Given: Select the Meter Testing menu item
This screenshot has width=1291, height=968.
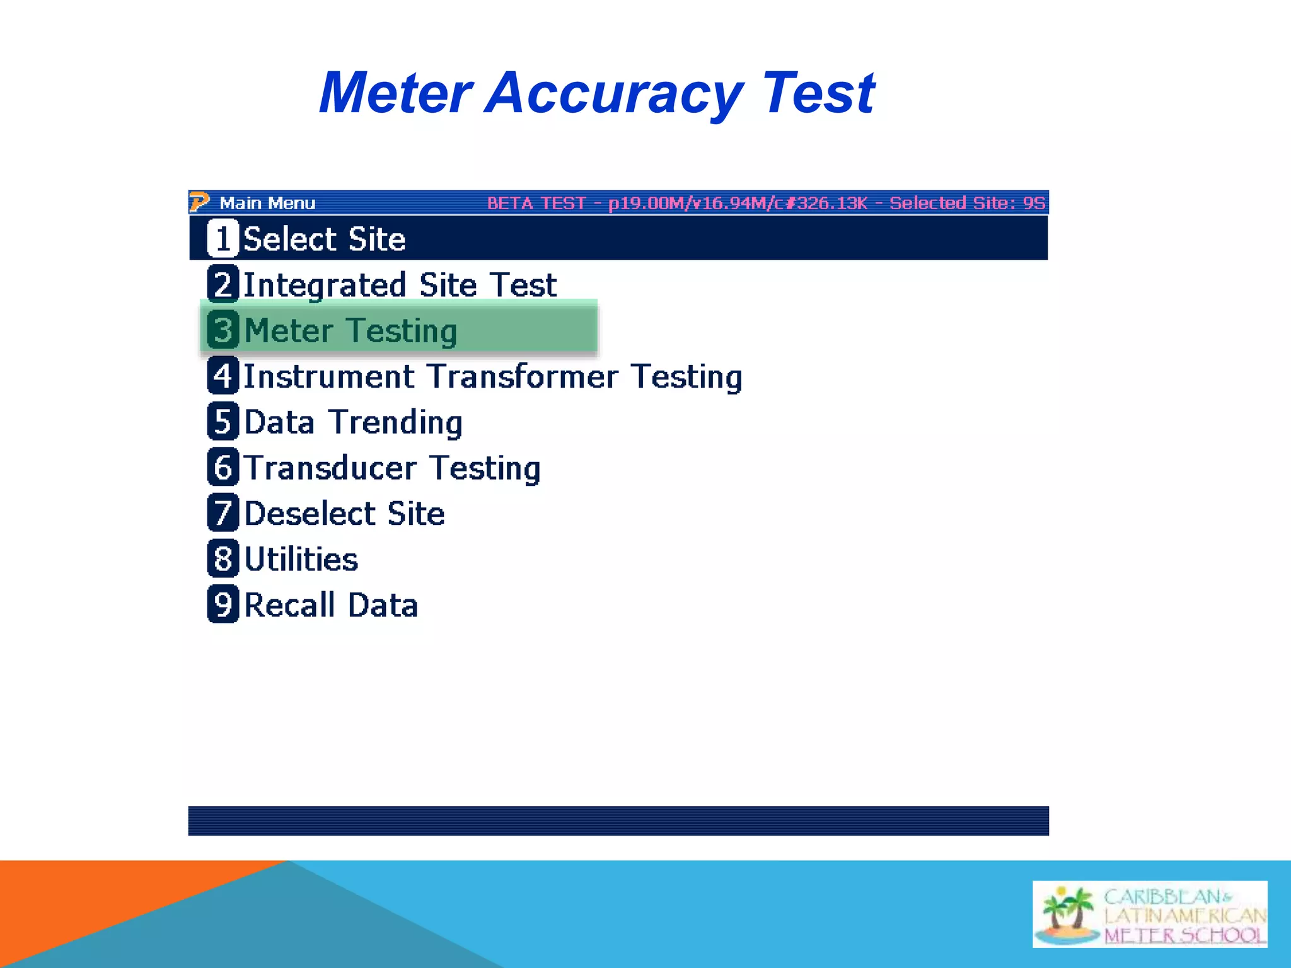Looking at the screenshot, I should pyautogui.click(x=350, y=331).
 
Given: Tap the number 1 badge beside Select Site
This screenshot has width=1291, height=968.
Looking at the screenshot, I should pyautogui.click(x=223, y=238).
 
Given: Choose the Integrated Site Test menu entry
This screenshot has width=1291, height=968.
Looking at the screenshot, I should pyautogui.click(x=400, y=285).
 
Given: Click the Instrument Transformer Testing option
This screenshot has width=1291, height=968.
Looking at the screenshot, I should pyautogui.click(x=492, y=377).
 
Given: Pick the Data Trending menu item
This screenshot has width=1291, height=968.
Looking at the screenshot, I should pyautogui.click(x=353, y=422).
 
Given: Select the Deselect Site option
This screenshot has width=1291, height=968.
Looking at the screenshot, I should pyautogui.click(x=344, y=514).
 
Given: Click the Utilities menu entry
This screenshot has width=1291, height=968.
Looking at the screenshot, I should pyautogui.click(x=301, y=560).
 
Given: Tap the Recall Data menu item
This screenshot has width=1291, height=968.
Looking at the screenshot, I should pyautogui.click(x=330, y=605).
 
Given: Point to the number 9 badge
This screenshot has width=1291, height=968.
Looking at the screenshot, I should pyautogui.click(x=223, y=604).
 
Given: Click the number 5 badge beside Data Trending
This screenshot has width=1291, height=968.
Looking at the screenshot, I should pyautogui.click(x=223, y=421).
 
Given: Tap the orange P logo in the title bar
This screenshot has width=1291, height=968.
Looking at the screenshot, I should pyautogui.click(x=199, y=202).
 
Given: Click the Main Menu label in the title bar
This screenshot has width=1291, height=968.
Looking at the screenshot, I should pyautogui.click(x=267, y=203).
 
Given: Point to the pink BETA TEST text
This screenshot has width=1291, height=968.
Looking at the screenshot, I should pyautogui.click(x=535, y=203).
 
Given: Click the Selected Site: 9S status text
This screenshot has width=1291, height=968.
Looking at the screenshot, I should pyautogui.click(x=967, y=203).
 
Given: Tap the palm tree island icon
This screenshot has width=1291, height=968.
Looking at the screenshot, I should pyautogui.click(x=1067, y=914).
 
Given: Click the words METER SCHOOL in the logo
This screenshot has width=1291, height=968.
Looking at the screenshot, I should pyautogui.click(x=1184, y=935).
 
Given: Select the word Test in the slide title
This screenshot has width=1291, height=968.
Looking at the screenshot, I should pyautogui.click(x=818, y=93).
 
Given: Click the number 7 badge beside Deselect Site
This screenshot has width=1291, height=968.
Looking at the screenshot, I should pyautogui.click(x=223, y=512).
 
